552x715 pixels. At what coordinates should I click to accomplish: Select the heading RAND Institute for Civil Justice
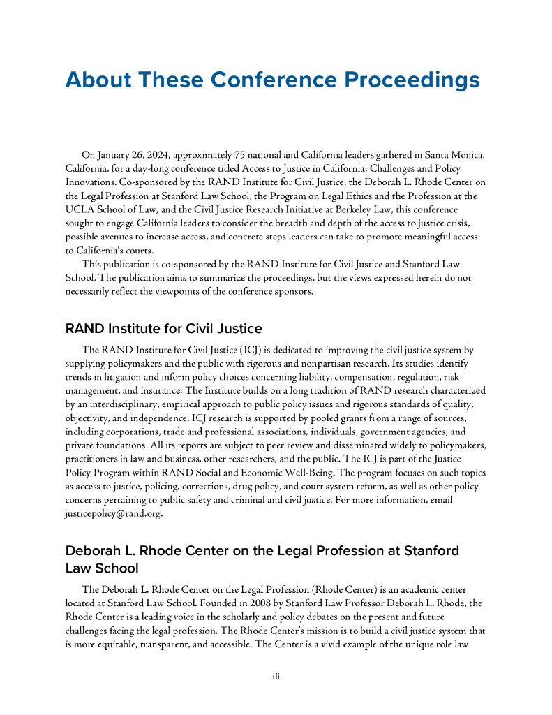(x=163, y=329)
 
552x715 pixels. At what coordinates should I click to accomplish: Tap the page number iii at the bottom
(x=276, y=676)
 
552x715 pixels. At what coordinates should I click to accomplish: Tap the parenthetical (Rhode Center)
(x=339, y=589)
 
